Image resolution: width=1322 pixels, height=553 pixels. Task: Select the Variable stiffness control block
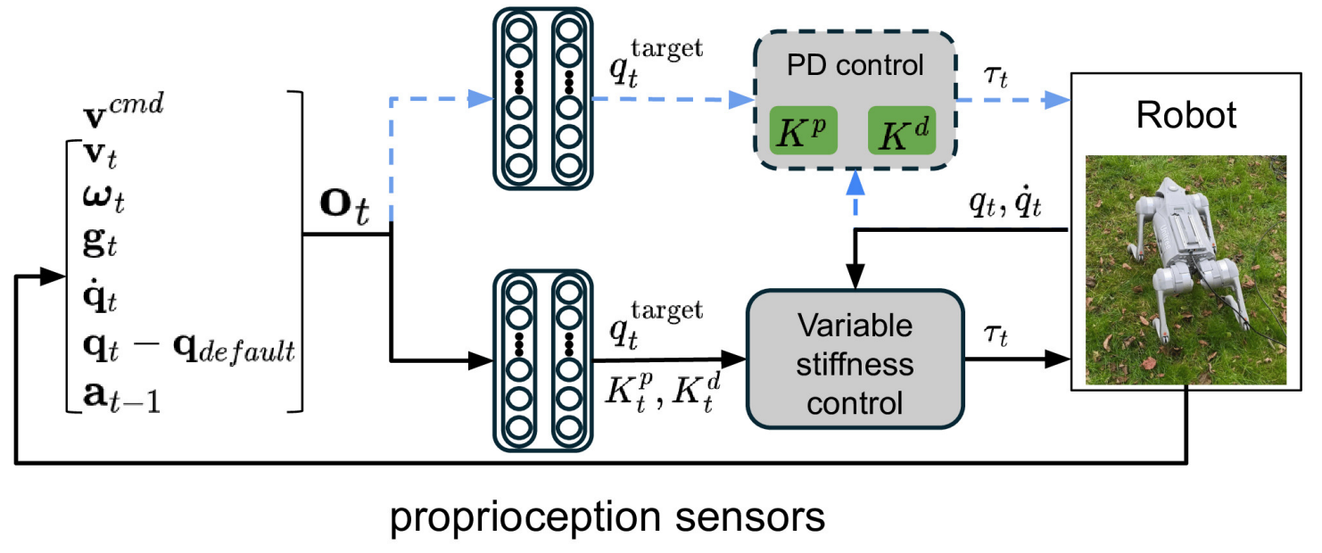[x=855, y=365]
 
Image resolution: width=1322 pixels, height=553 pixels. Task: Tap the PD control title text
[x=855, y=67]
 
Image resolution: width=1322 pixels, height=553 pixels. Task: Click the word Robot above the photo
[x=1186, y=115]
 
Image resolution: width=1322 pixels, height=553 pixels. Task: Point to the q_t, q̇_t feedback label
[x=1014, y=208]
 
